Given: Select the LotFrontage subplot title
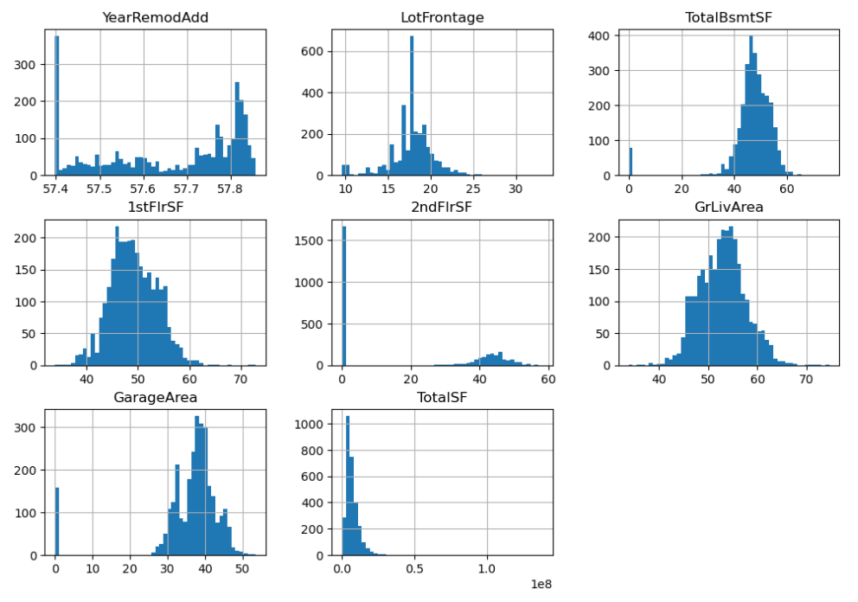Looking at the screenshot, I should tap(430, 16).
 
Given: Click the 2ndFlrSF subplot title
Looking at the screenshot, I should tap(430, 207).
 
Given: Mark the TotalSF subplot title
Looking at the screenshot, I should tap(430, 397).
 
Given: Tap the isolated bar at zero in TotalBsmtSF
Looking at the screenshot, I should tap(631, 162).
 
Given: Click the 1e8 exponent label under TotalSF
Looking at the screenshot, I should tap(541, 585).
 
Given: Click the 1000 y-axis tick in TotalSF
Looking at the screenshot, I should tap(317, 424).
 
